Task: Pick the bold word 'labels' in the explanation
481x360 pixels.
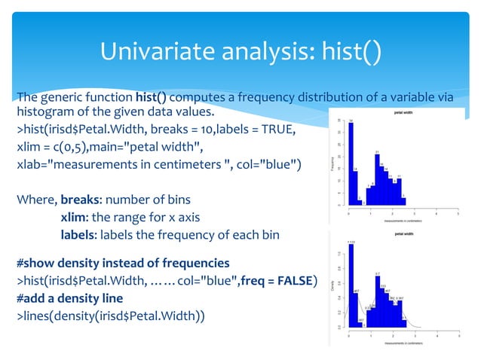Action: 80,235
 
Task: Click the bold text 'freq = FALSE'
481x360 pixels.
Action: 274,279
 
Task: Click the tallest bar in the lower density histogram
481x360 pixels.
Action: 351,286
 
